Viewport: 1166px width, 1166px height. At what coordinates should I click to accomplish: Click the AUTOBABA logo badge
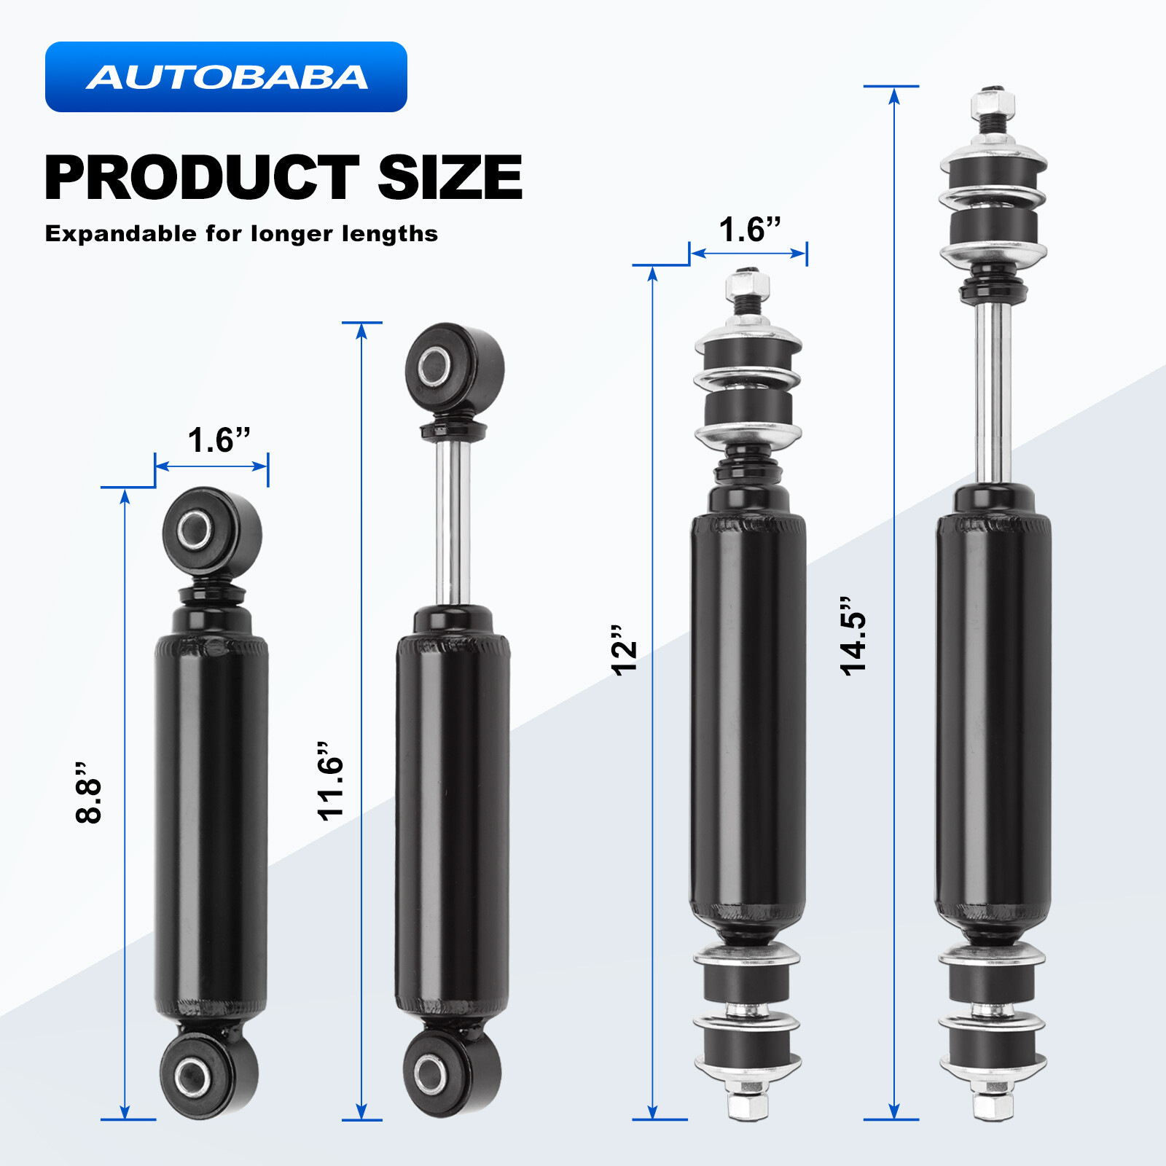tap(226, 77)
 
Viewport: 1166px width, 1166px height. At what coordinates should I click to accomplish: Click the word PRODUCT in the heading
tap(201, 178)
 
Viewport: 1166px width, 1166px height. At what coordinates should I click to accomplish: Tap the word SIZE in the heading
tap(450, 178)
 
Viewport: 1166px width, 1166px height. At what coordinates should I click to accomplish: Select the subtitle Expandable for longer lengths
tap(241, 234)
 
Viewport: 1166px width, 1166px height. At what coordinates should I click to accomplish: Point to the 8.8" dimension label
tap(89, 794)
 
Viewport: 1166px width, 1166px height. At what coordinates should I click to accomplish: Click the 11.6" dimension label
tap(330, 782)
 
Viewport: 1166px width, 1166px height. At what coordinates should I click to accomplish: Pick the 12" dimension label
tap(625, 651)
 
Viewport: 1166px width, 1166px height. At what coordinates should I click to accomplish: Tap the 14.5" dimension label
tap(853, 636)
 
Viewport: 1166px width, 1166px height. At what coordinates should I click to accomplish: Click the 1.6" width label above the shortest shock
tap(219, 440)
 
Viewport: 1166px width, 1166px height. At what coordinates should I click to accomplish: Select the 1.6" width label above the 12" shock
tap(750, 230)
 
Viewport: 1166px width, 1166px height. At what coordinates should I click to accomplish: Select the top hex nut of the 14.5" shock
tap(992, 106)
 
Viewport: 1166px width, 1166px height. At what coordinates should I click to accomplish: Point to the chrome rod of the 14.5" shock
tap(993, 394)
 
